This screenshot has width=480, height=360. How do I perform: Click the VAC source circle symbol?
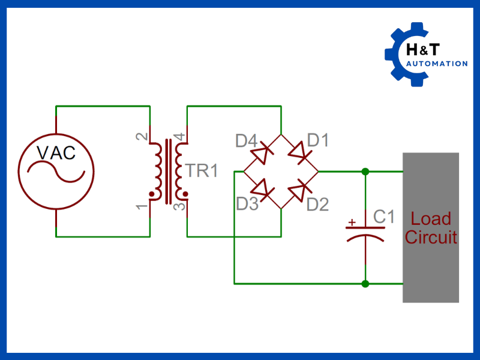click(55, 171)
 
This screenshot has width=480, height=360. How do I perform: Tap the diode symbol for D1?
click(299, 154)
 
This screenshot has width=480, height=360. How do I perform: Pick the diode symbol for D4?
click(262, 154)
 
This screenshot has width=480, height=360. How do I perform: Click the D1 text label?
click(318, 140)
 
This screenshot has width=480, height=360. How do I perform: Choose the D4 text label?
click(247, 142)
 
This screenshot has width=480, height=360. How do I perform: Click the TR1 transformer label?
click(202, 170)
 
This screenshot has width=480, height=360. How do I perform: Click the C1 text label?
click(384, 217)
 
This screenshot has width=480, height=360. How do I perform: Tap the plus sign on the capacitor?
click(352, 223)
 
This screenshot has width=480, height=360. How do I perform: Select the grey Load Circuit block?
click(431, 227)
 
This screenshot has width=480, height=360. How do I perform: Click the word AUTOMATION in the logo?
click(436, 64)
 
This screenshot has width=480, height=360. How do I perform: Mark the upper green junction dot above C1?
click(365, 172)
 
